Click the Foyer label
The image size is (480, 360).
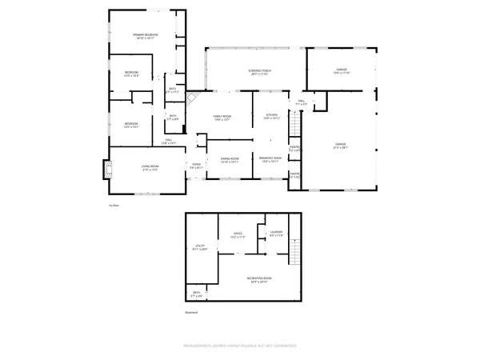[x=196, y=166]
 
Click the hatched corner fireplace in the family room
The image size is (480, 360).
[x=192, y=98]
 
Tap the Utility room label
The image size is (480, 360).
[x=201, y=247]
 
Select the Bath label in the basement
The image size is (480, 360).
[x=197, y=294]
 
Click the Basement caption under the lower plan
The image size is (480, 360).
[x=190, y=312]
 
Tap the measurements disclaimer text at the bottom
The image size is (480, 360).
[x=240, y=346]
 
